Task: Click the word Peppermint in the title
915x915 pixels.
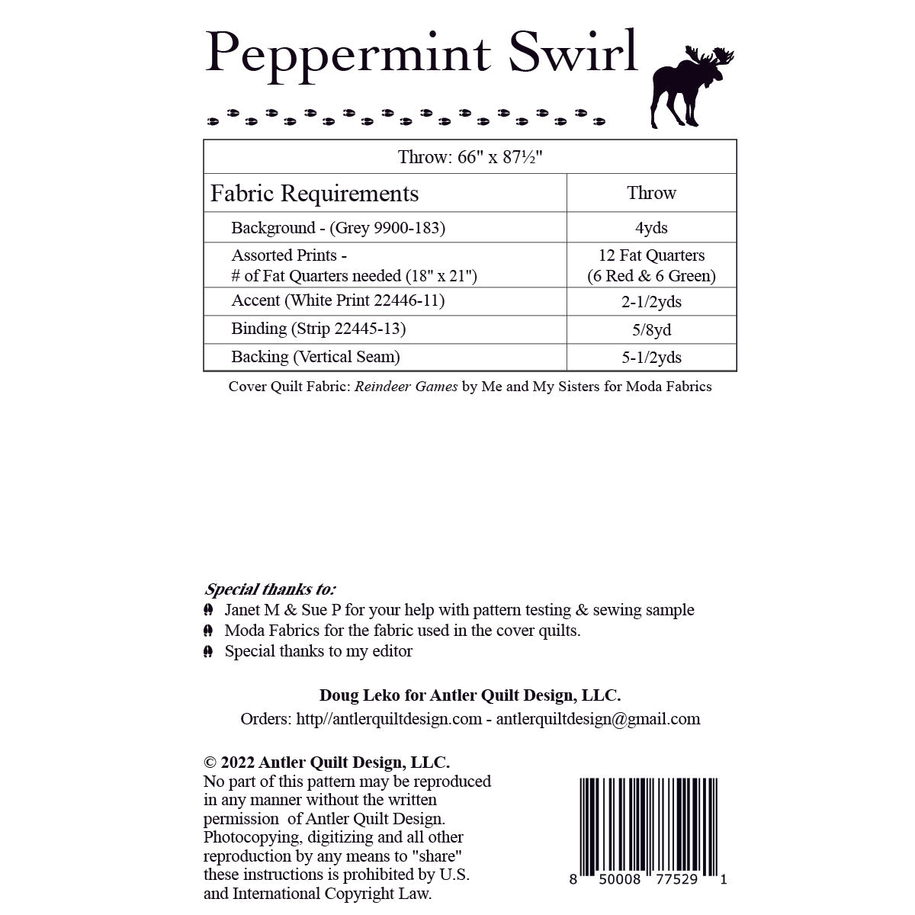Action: click(x=348, y=53)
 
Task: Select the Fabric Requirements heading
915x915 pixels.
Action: click(x=314, y=194)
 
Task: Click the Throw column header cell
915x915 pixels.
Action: click(x=651, y=193)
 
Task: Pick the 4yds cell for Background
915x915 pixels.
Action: click(x=651, y=228)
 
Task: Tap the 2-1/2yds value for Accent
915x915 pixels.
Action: click(x=651, y=302)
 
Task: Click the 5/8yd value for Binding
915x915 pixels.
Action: click(x=651, y=330)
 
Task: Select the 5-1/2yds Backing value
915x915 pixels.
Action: click(x=651, y=358)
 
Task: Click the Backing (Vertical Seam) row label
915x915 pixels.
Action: click(x=316, y=357)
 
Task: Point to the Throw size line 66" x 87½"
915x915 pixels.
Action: click(x=470, y=158)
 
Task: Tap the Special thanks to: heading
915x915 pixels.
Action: click(x=270, y=589)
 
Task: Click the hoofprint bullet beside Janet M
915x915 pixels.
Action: click(x=208, y=611)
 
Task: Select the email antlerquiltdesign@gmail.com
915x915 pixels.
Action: click(x=598, y=719)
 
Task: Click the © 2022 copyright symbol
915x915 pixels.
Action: click(x=210, y=762)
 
